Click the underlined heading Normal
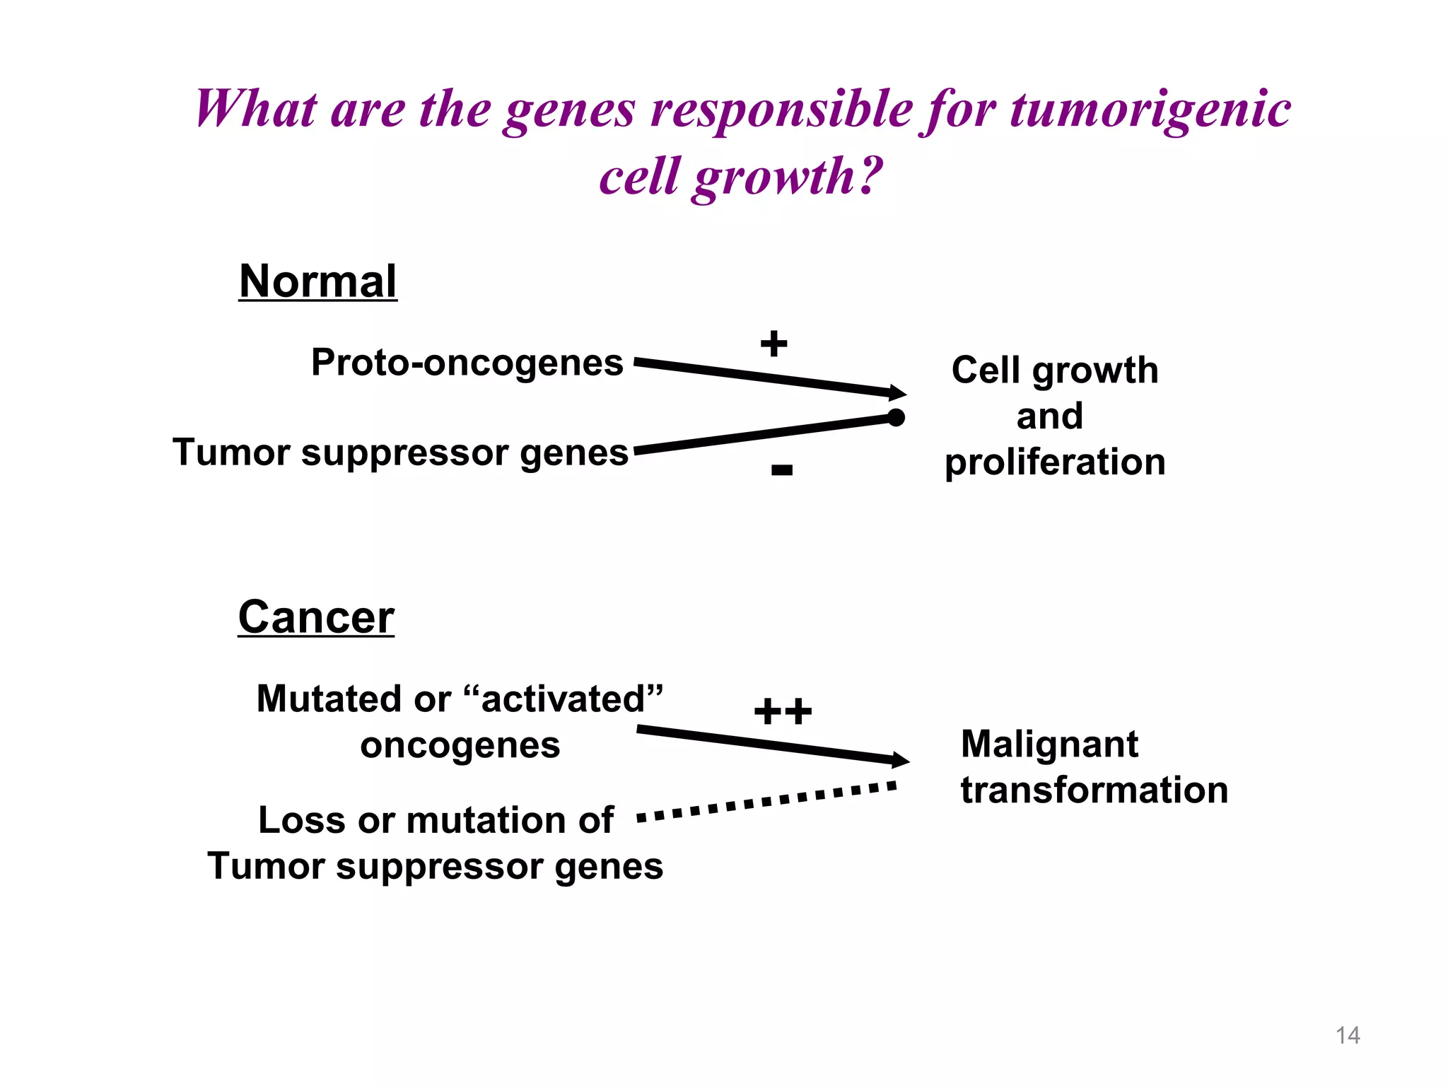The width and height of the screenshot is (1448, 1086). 317,281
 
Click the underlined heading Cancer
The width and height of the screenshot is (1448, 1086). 316,617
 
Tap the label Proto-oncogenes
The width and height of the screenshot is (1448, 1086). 467,363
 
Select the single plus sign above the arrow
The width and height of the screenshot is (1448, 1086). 773,344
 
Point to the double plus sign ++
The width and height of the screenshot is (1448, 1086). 783,711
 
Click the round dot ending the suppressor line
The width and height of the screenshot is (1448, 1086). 896,418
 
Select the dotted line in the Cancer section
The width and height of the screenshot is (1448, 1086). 767,801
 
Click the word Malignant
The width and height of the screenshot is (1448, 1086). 1049,745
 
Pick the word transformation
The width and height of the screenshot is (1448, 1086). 1094,790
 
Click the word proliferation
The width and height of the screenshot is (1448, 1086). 1055,462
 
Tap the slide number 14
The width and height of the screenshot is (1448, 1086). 1348,1036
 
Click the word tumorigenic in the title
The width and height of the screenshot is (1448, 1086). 1150,110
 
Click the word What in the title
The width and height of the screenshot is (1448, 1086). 256,110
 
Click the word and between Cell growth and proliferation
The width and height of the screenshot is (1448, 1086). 1050,416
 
